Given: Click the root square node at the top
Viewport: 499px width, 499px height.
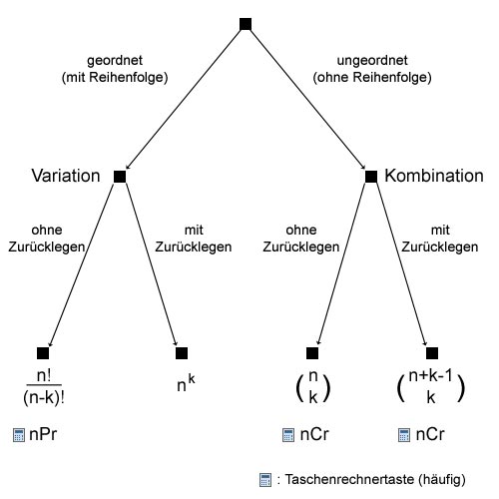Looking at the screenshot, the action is (246, 24).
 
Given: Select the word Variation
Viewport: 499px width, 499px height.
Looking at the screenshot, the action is (66, 176).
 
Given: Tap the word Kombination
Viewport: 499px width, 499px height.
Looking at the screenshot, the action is (434, 176).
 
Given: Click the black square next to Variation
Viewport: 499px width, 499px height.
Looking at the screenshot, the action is (120, 177).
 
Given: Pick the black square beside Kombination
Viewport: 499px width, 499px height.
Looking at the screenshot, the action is (371, 177).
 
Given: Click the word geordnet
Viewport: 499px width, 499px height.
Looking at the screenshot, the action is (115, 61).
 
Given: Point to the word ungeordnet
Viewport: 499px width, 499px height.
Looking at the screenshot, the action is (372, 60).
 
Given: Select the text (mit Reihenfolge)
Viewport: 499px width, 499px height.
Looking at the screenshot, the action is (115, 78).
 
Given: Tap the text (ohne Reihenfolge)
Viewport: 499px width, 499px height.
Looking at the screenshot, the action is (372, 78).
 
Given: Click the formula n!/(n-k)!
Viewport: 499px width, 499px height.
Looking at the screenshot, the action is (44, 387).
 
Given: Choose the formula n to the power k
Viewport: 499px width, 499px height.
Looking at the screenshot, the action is (186, 383).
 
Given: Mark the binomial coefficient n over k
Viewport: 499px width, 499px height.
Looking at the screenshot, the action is (313, 387).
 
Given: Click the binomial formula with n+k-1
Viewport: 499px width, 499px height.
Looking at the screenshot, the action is (431, 387).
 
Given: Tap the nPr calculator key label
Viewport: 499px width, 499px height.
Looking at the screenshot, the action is (43, 434).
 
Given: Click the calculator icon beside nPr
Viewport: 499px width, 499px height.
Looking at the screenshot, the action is (19, 435).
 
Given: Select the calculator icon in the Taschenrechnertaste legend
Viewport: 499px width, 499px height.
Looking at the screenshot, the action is (265, 480).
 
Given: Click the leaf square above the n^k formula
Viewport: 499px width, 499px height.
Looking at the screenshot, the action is (182, 353).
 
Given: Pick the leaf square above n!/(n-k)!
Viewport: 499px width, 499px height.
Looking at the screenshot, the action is (43, 353).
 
